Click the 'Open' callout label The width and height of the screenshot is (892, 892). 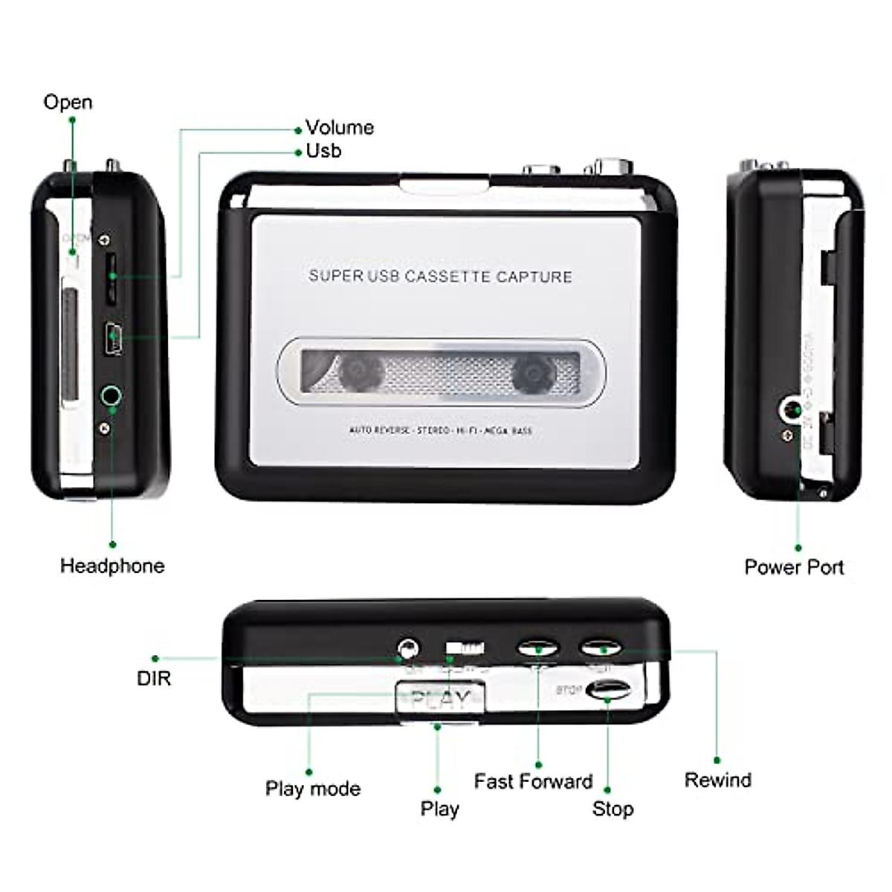click(x=68, y=102)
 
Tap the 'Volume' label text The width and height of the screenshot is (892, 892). click(x=339, y=128)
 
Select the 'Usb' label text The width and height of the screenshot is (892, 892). click(x=323, y=151)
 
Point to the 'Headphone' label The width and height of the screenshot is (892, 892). click(x=112, y=566)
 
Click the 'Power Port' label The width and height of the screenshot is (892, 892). click(x=794, y=567)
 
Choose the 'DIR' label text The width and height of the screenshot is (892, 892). click(x=154, y=678)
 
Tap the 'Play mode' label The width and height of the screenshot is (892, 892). click(x=313, y=789)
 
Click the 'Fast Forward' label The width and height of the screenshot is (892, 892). click(x=533, y=781)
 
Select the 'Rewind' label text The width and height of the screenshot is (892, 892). click(x=717, y=780)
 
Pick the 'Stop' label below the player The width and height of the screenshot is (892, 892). click(x=613, y=809)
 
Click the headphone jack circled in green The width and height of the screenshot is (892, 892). click(x=111, y=396)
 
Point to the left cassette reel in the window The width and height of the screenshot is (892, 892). click(x=362, y=372)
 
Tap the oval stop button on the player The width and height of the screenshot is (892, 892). click(x=609, y=691)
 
